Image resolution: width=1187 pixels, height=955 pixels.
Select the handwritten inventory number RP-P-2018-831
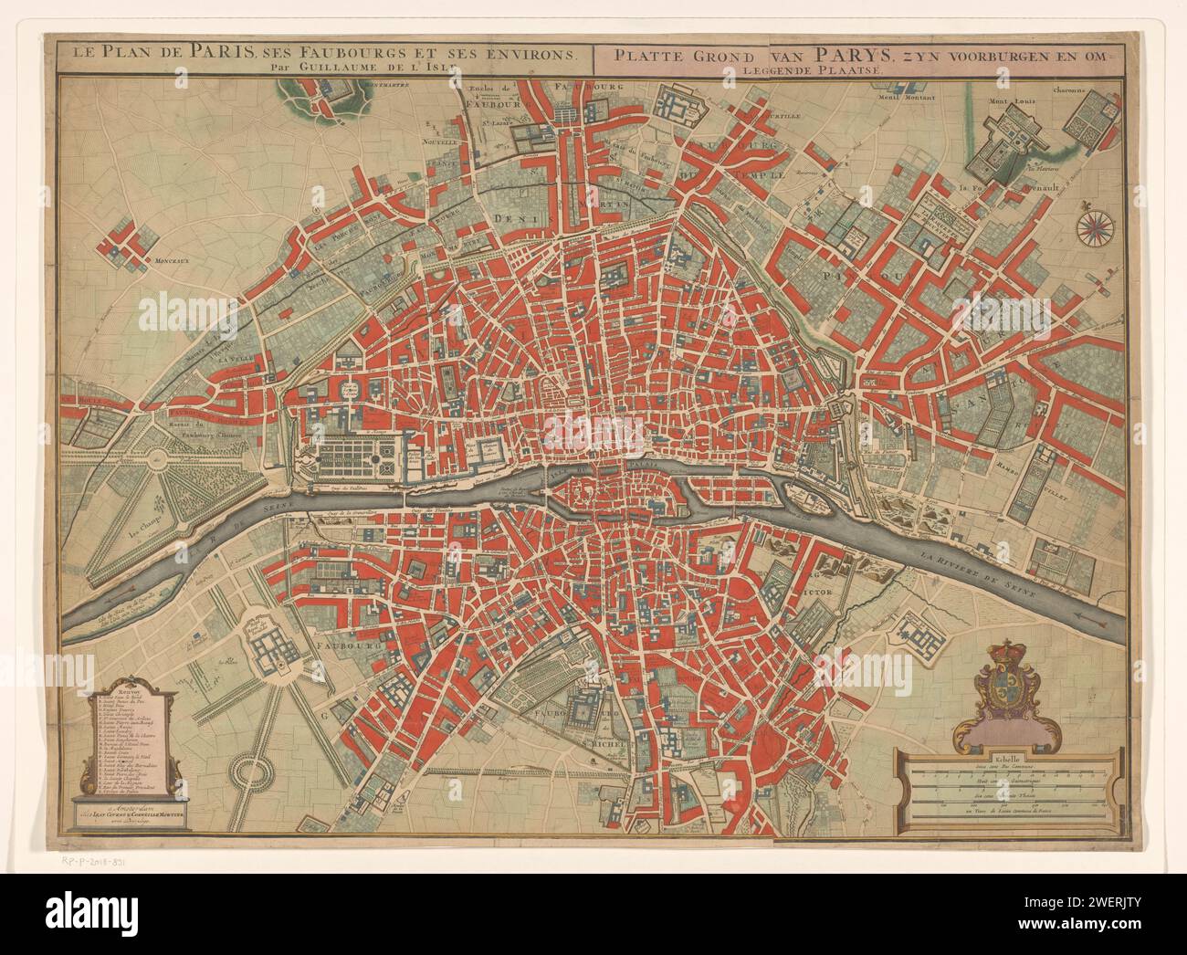point(101,860)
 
